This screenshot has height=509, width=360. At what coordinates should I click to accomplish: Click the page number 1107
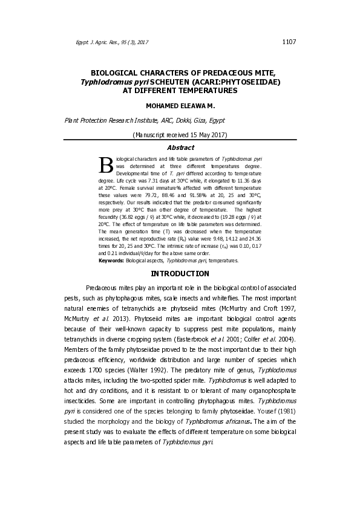(x=289, y=42)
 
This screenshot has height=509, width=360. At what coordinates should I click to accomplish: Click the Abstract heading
(x=180, y=147)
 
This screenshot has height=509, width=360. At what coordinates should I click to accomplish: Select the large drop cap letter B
(x=106, y=164)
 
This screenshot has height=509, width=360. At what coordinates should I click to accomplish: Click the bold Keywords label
(x=111, y=261)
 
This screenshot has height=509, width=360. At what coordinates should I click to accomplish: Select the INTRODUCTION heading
(x=180, y=274)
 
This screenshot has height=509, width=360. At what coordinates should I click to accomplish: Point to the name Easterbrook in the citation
(x=193, y=340)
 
